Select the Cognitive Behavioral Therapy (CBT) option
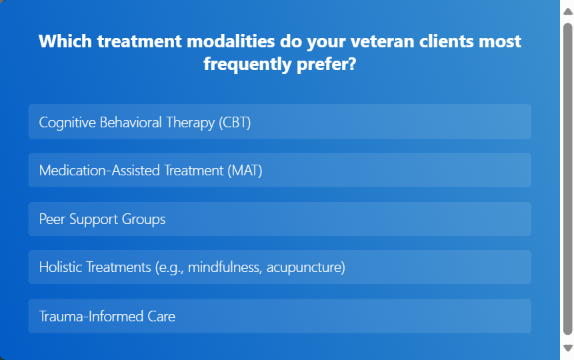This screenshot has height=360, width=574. [280, 121]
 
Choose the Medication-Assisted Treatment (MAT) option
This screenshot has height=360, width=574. [280, 170]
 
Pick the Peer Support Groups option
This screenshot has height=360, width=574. [280, 219]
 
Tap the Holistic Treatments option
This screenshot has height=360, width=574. [280, 267]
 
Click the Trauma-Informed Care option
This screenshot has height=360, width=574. [280, 316]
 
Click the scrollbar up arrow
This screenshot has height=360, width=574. [568, 11]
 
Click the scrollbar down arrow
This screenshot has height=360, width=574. [568, 348]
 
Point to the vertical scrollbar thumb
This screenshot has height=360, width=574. [568, 179]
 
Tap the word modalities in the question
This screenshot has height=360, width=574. [231, 41]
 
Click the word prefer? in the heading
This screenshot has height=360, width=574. [327, 65]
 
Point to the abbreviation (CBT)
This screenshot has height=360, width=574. [235, 122]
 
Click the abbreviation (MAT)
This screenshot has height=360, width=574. [245, 171]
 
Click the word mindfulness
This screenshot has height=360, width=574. [225, 267]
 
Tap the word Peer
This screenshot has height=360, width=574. [52, 219]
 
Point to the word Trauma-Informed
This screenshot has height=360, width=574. [91, 317]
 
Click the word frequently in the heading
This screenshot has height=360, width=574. [247, 65]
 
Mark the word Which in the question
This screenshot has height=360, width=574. [65, 41]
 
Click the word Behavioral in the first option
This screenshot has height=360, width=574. [130, 122]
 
